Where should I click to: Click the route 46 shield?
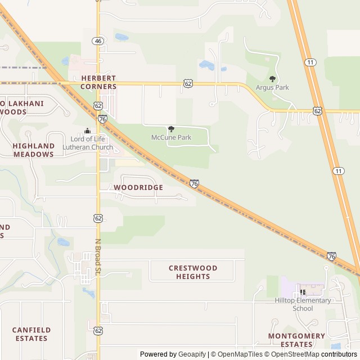(98, 41)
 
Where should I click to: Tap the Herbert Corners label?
(98, 82)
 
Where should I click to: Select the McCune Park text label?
(171, 137)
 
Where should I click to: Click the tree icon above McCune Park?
(171, 129)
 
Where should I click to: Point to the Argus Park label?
(272, 88)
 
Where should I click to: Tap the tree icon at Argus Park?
(272, 79)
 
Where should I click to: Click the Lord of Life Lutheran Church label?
(92, 143)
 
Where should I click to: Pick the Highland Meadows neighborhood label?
(34, 150)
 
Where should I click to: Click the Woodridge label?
(138, 187)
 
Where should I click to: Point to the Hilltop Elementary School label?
(303, 304)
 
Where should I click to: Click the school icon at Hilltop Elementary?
(303, 292)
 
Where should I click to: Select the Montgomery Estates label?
(296, 340)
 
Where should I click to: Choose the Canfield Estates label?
(31, 334)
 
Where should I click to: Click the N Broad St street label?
(97, 258)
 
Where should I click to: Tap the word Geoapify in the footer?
(192, 354)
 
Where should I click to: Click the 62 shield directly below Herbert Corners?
(98, 106)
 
